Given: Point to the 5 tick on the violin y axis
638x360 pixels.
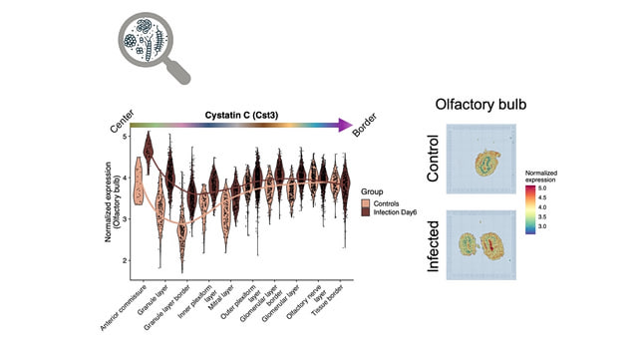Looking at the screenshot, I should pyautogui.click(x=124, y=136).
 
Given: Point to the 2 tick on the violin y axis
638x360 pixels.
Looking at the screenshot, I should pyautogui.click(x=124, y=260).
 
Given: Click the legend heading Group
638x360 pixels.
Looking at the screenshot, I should pyautogui.click(x=375, y=191).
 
